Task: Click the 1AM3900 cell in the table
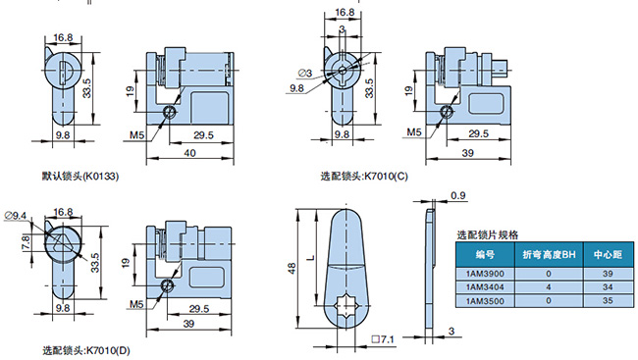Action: [485, 274]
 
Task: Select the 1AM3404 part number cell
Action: [485, 287]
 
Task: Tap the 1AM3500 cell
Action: [485, 301]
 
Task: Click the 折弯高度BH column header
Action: [549, 255]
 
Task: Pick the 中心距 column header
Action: [608, 255]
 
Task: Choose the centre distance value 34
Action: [608, 287]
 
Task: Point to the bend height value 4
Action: [549, 287]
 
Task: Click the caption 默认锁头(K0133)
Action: [80, 177]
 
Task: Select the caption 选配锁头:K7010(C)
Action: [364, 177]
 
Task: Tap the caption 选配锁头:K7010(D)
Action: [86, 350]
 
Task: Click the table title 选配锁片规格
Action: [488, 234]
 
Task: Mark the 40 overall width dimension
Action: [189, 153]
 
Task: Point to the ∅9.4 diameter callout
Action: [16, 215]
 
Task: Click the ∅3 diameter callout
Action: [304, 73]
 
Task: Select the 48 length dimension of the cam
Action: [292, 269]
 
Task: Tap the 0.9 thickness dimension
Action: [457, 195]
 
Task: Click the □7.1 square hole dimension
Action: [383, 338]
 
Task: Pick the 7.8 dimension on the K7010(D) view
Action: [26, 243]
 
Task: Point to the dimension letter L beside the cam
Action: [311, 257]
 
